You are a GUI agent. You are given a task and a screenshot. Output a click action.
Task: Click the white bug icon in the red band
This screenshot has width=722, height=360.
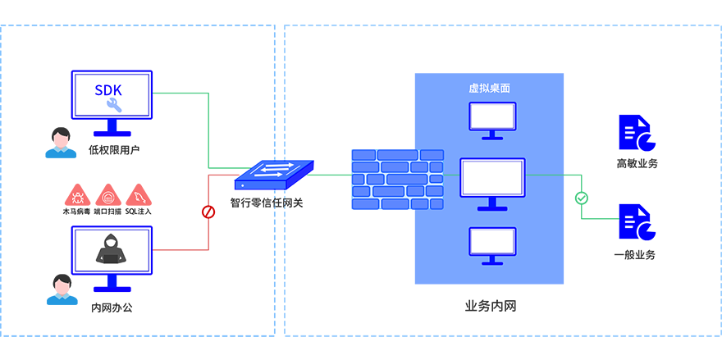click(x=79, y=198)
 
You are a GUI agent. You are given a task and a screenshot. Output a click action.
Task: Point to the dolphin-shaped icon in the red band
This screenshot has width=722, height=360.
click(x=139, y=198)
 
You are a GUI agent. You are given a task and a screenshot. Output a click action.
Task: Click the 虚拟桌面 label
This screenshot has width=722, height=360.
click(x=491, y=88)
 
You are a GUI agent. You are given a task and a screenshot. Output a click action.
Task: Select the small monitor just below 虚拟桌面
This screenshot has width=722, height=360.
click(x=491, y=118)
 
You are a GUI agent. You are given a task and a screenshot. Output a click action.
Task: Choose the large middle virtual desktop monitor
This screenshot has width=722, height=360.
click(x=492, y=180)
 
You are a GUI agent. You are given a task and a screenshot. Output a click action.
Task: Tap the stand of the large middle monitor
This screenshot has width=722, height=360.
click(x=492, y=205)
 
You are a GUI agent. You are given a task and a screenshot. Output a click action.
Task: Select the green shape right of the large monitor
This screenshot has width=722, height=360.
click(x=591, y=197)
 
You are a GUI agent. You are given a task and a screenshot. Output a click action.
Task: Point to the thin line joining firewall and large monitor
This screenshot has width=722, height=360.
click(x=451, y=175)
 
